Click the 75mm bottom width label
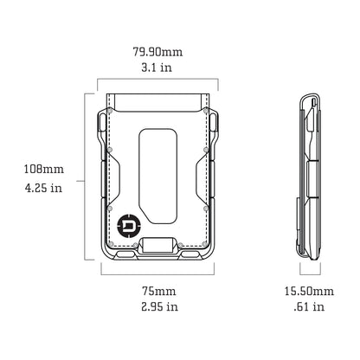pyautogui.click(x=157, y=291)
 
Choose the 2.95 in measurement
pyautogui.click(x=157, y=306)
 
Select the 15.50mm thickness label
pyautogui.click(x=309, y=291)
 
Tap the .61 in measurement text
pyautogui.click(x=309, y=306)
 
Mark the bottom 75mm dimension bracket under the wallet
pyautogui.click(x=157, y=272)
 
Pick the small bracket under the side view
pyautogui.click(x=309, y=272)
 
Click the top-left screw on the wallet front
pyautogui.click(x=111, y=112)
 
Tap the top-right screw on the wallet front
pyautogui.click(x=205, y=112)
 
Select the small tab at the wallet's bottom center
pyautogui.click(x=157, y=245)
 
